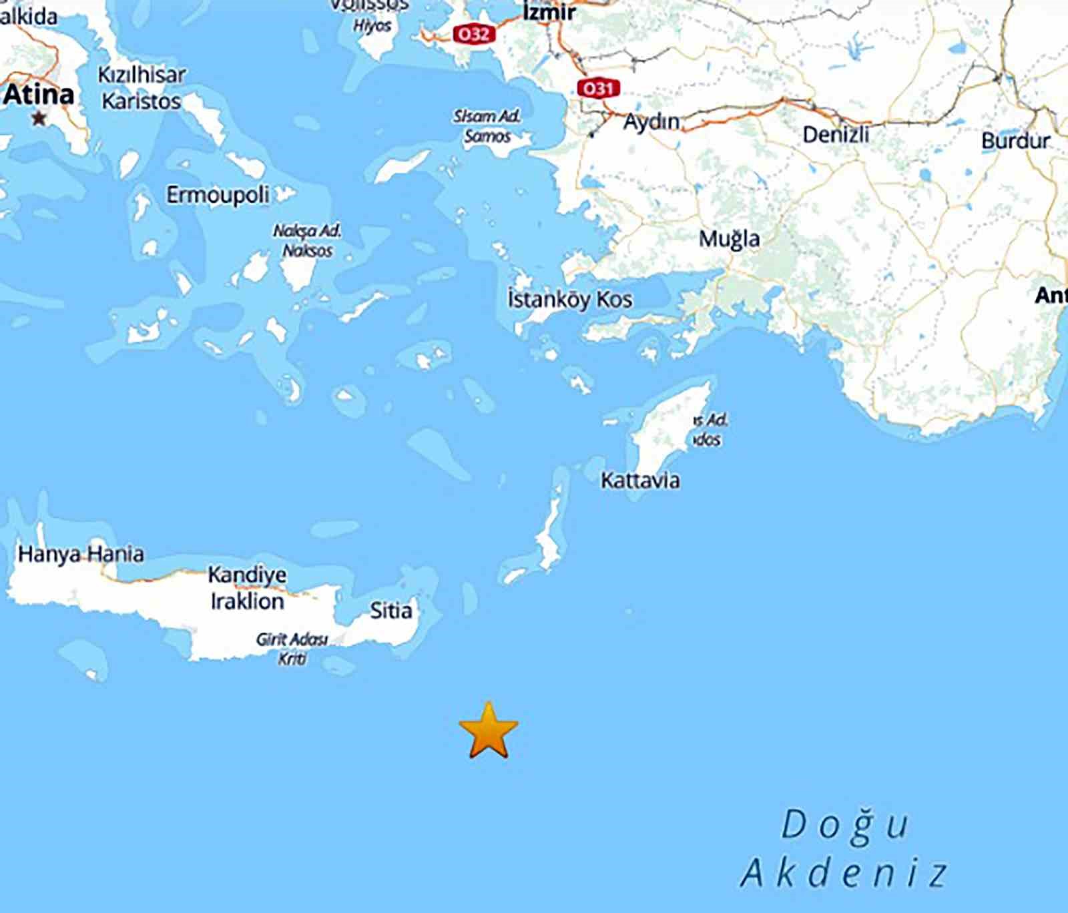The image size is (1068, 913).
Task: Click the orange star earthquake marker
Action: click(489, 730)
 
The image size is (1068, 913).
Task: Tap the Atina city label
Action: click(38, 94)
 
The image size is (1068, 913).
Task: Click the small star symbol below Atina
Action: click(39, 119)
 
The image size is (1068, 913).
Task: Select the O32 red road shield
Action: click(474, 33)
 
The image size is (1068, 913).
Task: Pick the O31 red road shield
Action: click(598, 88)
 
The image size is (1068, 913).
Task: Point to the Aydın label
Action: click(651, 122)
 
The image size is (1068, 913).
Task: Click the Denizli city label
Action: click(836, 135)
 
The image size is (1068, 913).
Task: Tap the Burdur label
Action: click(1015, 141)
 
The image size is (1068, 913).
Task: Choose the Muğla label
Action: click(729, 239)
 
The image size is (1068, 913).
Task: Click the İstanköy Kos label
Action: click(569, 300)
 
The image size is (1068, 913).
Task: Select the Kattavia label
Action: click(640, 481)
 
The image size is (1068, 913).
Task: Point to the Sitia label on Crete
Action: click(391, 610)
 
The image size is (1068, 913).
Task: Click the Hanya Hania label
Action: click(81, 554)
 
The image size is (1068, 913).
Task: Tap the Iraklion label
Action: click(247, 601)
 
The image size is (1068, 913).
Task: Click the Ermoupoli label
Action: click(218, 196)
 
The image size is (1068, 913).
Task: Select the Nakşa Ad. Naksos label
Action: click(307, 241)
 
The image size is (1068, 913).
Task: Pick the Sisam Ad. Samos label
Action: click(487, 126)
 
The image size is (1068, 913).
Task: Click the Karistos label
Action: click(142, 101)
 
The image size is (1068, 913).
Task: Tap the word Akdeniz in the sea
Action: click(844, 873)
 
